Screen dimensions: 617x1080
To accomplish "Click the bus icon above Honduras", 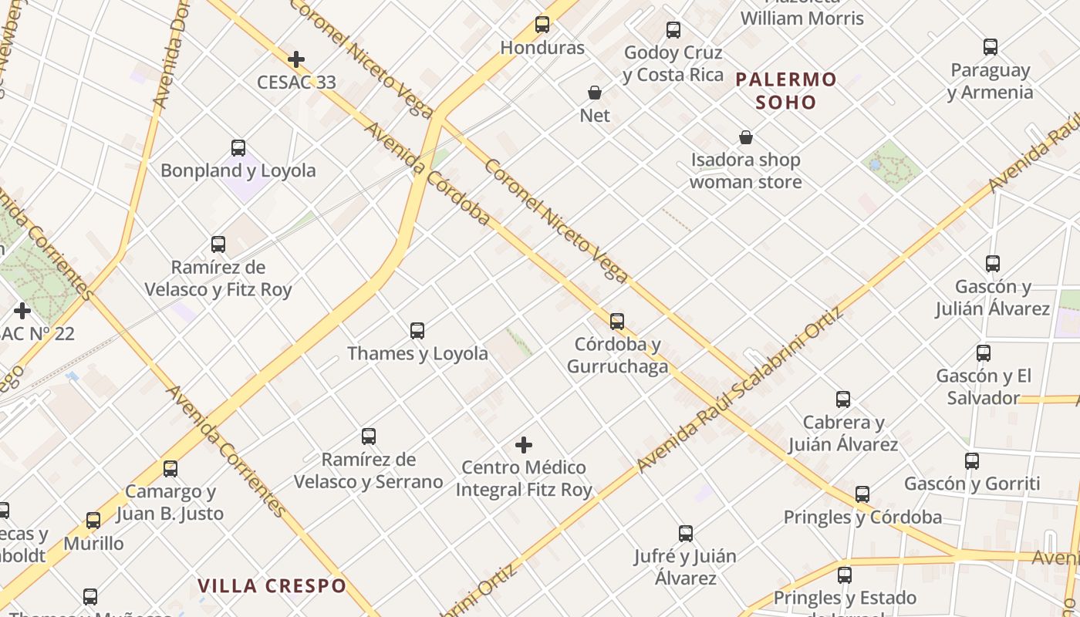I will pyautogui.click(x=542, y=25).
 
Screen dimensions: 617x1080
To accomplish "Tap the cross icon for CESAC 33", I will pyautogui.click(x=295, y=59).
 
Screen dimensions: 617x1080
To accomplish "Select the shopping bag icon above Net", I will pyautogui.click(x=595, y=93).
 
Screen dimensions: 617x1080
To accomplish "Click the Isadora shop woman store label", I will pyautogui.click(x=745, y=171).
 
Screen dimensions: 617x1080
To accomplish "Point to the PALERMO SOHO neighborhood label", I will pyautogui.click(x=785, y=90).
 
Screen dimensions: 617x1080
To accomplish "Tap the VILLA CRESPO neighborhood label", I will pyautogui.click(x=272, y=586).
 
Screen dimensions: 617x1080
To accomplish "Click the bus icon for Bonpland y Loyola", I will pyautogui.click(x=238, y=148).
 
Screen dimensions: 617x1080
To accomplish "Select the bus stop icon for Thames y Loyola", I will pyautogui.click(x=417, y=331).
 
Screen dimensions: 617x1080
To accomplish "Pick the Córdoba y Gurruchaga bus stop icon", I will pyautogui.click(x=617, y=322).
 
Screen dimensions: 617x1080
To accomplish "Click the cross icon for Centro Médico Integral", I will pyautogui.click(x=524, y=445).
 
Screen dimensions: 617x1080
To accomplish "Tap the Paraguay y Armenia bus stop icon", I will pyautogui.click(x=991, y=47).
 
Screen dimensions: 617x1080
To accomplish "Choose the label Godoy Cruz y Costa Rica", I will pyautogui.click(x=673, y=64).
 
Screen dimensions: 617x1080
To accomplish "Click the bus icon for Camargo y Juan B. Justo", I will pyautogui.click(x=170, y=469).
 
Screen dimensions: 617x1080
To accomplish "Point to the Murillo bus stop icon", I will pyautogui.click(x=93, y=521).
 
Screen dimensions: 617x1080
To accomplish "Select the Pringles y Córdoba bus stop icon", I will pyautogui.click(x=862, y=494).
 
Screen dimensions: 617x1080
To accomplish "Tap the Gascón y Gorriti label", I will pyautogui.click(x=972, y=484).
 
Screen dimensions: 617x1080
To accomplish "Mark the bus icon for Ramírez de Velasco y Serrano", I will pyautogui.click(x=369, y=437).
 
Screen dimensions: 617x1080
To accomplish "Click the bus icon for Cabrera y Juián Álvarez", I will pyautogui.click(x=843, y=400).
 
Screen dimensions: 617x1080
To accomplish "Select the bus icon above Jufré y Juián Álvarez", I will pyautogui.click(x=686, y=534).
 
